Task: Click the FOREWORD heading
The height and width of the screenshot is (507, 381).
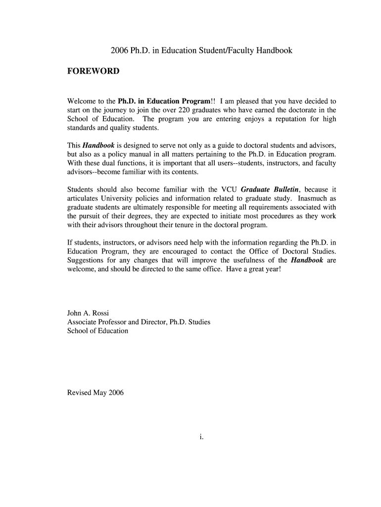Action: [x=93, y=71]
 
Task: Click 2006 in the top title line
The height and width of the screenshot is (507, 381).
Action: [x=119, y=51]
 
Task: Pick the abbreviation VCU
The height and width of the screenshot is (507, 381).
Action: [x=229, y=190]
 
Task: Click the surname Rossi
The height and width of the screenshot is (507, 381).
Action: [x=99, y=313]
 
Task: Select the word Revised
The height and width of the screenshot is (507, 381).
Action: [x=79, y=393]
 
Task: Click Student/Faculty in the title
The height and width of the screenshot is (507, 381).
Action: [x=228, y=51]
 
